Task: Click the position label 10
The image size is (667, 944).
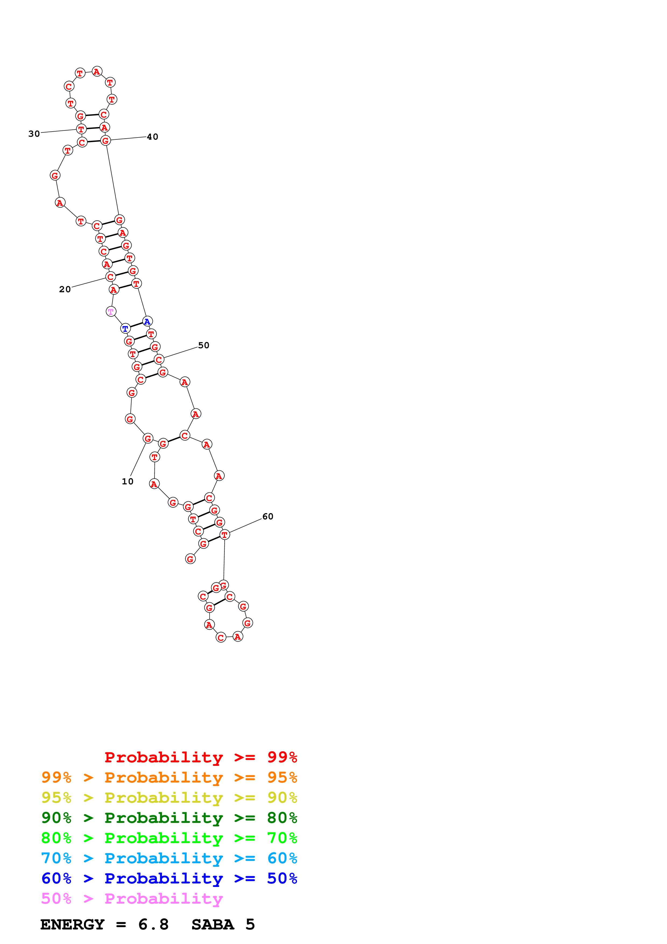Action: pyautogui.click(x=127, y=481)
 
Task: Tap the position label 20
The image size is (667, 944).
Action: pyautogui.click(x=65, y=290)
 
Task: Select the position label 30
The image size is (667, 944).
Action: pyautogui.click(x=34, y=134)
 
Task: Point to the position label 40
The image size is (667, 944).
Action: pyautogui.click(x=153, y=137)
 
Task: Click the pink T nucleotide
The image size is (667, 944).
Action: pyautogui.click(x=111, y=312)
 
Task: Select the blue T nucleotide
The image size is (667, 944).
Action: pyautogui.click(x=125, y=329)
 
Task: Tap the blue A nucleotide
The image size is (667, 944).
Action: pyautogui.click(x=147, y=322)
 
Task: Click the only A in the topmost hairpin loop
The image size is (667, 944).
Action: pyautogui.click(x=97, y=72)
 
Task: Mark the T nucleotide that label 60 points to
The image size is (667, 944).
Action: pyautogui.click(x=224, y=535)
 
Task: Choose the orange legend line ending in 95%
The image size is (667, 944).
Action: pyautogui.click(x=169, y=777)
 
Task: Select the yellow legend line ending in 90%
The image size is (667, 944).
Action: pyautogui.click(x=169, y=798)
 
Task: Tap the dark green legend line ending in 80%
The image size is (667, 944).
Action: pyautogui.click(x=169, y=818)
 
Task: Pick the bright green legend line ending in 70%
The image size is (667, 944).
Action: pyautogui.click(x=169, y=838)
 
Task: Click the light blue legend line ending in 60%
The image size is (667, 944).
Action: pyautogui.click(x=169, y=858)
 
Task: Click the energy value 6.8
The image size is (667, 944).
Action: pyautogui.click(x=153, y=925)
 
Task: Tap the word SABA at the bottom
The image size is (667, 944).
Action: pyautogui.click(x=213, y=925)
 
